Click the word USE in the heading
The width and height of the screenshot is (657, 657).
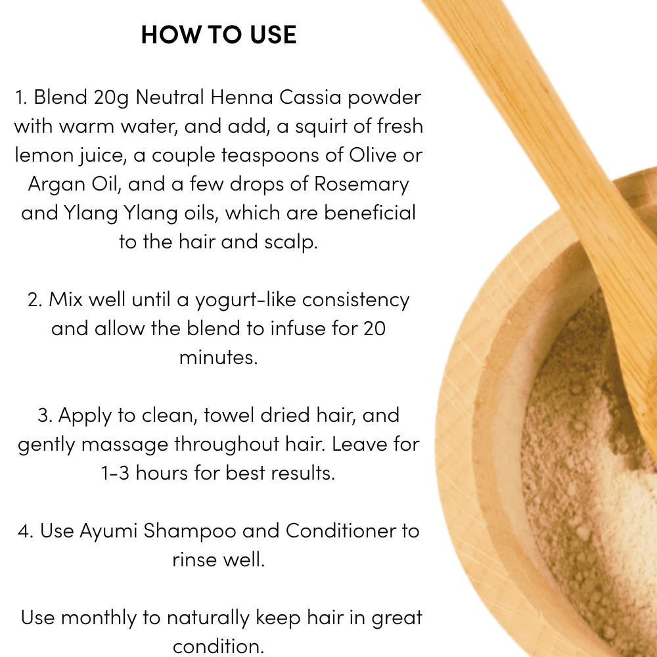point(273,34)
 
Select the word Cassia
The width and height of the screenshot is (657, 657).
point(310,97)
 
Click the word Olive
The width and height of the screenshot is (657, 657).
point(373,155)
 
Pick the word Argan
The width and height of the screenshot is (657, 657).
point(56,185)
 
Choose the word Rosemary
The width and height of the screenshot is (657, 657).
point(361,185)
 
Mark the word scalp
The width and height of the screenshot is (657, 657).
point(291,242)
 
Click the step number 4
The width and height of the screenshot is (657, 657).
point(25,531)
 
